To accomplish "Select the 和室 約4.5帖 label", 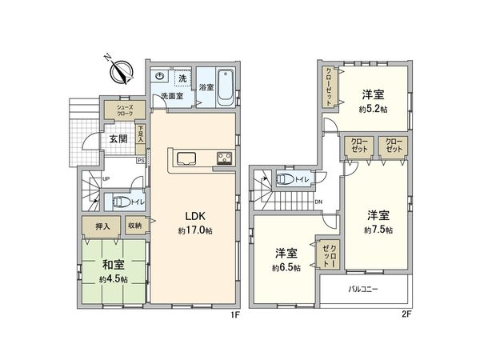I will pyautogui.click(x=114, y=270).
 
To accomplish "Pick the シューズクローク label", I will pyautogui.click(x=125, y=111).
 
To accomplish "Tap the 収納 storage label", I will pyautogui.click(x=134, y=226).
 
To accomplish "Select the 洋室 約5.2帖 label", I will pyautogui.click(x=372, y=100).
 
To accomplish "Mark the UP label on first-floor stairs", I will pyautogui.click(x=106, y=178).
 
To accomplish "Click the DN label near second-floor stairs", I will pyautogui.click(x=318, y=202).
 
